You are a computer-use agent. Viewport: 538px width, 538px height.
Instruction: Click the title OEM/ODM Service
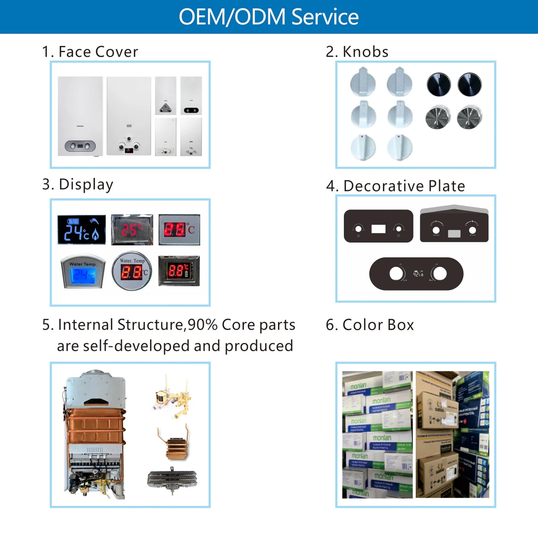(268, 17)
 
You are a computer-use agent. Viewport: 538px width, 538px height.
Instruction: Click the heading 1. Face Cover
(90, 52)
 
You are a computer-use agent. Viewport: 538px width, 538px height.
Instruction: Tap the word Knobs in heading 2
(365, 52)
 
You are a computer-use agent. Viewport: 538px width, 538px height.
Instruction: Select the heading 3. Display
(78, 184)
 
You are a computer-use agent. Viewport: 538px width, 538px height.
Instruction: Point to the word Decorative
(383, 186)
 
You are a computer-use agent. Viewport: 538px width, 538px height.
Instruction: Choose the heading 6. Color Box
(370, 325)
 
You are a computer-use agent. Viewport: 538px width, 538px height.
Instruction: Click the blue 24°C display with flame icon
(82, 230)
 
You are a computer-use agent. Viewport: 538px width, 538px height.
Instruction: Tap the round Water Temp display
(132, 272)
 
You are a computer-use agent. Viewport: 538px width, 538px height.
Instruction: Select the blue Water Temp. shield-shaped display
(83, 272)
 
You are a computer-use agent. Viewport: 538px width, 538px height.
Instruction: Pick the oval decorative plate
(416, 274)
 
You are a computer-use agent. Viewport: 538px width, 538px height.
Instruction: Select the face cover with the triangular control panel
(165, 96)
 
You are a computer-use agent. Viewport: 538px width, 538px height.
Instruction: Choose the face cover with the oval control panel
(80, 116)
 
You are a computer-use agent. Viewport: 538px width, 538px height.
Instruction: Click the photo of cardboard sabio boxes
(452, 434)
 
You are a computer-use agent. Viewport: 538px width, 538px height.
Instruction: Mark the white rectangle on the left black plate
(378, 229)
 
